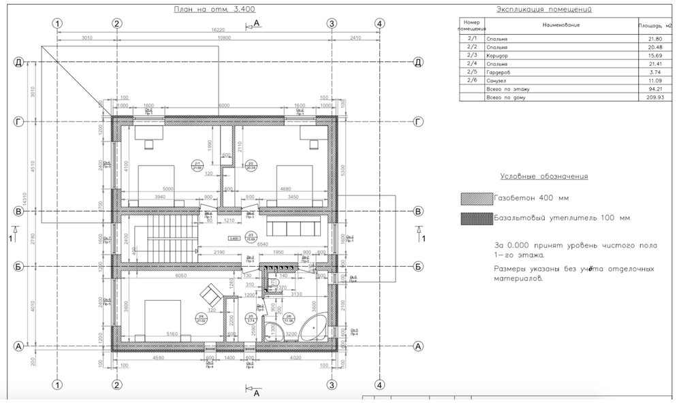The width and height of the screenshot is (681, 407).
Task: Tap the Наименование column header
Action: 560,26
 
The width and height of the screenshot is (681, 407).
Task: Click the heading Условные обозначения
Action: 543,176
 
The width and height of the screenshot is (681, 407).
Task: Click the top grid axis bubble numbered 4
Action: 380,23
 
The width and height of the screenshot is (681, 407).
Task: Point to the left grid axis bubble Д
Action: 20,63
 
